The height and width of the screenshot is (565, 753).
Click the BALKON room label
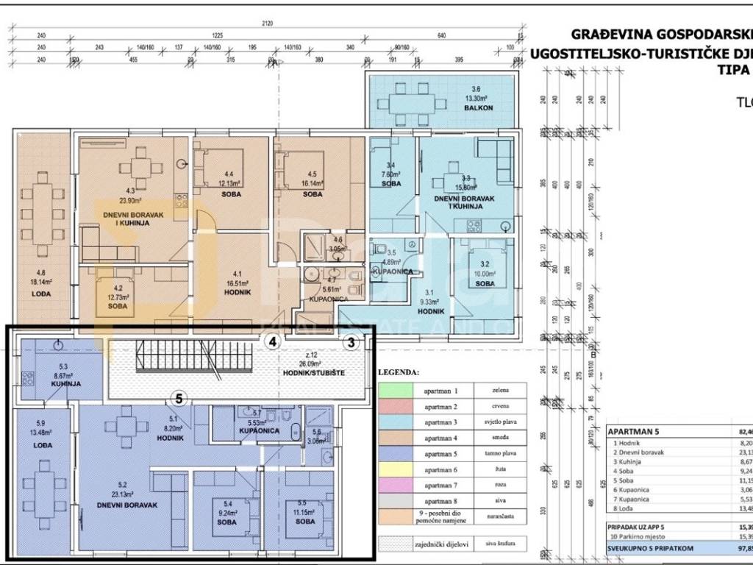pyautogui.click(x=446, y=107)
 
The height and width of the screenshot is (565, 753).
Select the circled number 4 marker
pyautogui.click(x=273, y=342)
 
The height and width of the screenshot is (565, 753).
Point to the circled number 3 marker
pyautogui.click(x=351, y=342)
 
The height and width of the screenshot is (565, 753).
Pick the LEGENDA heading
pyautogui.click(x=399, y=372)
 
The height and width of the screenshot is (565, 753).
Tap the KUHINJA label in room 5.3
pyautogui.click(x=65, y=384)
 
